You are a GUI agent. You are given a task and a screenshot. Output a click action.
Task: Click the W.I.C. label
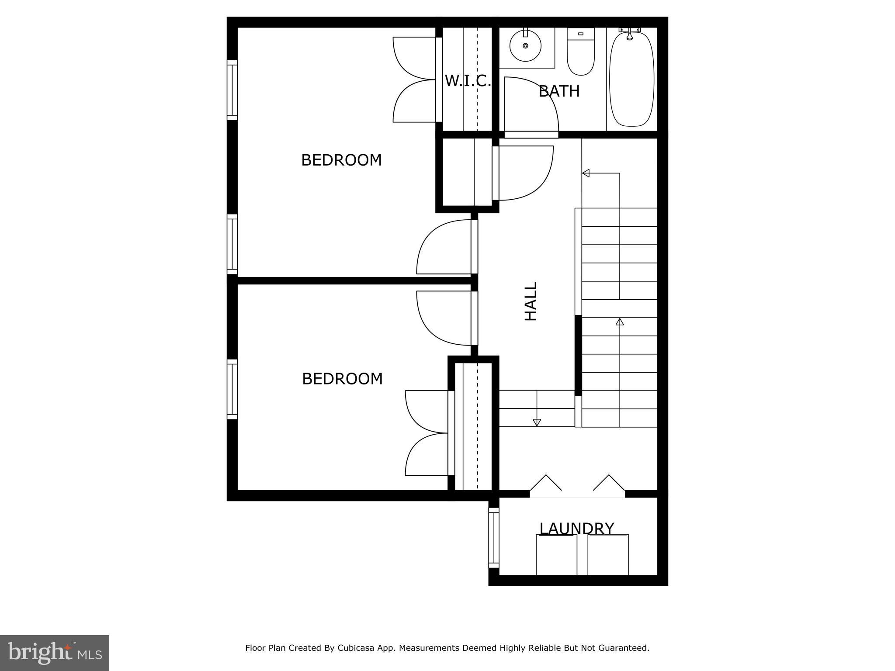pyautogui.click(x=468, y=81)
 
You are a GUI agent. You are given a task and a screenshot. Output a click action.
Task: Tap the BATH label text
pyautogui.click(x=559, y=91)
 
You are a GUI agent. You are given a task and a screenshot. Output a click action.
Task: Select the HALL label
pyautogui.click(x=531, y=301)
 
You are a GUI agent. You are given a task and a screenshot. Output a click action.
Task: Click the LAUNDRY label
pyautogui.click(x=576, y=529)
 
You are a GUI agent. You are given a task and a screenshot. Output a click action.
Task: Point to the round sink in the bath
pyautogui.click(x=525, y=45)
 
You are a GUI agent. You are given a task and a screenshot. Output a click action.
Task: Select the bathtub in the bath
pyautogui.click(x=631, y=79)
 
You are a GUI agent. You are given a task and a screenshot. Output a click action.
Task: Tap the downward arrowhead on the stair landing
pyautogui.click(x=537, y=422)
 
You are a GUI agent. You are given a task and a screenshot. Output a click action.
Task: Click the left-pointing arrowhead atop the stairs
pyautogui.click(x=586, y=173)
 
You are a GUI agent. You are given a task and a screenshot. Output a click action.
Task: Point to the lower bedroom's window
pyautogui.click(x=232, y=389)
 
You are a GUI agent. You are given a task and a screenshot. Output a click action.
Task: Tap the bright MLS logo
pyautogui.click(x=54, y=653)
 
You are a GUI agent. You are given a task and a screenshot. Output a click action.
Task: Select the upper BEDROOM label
pyautogui.click(x=341, y=160)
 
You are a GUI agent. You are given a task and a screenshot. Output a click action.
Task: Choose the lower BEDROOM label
pyautogui.click(x=342, y=379)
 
